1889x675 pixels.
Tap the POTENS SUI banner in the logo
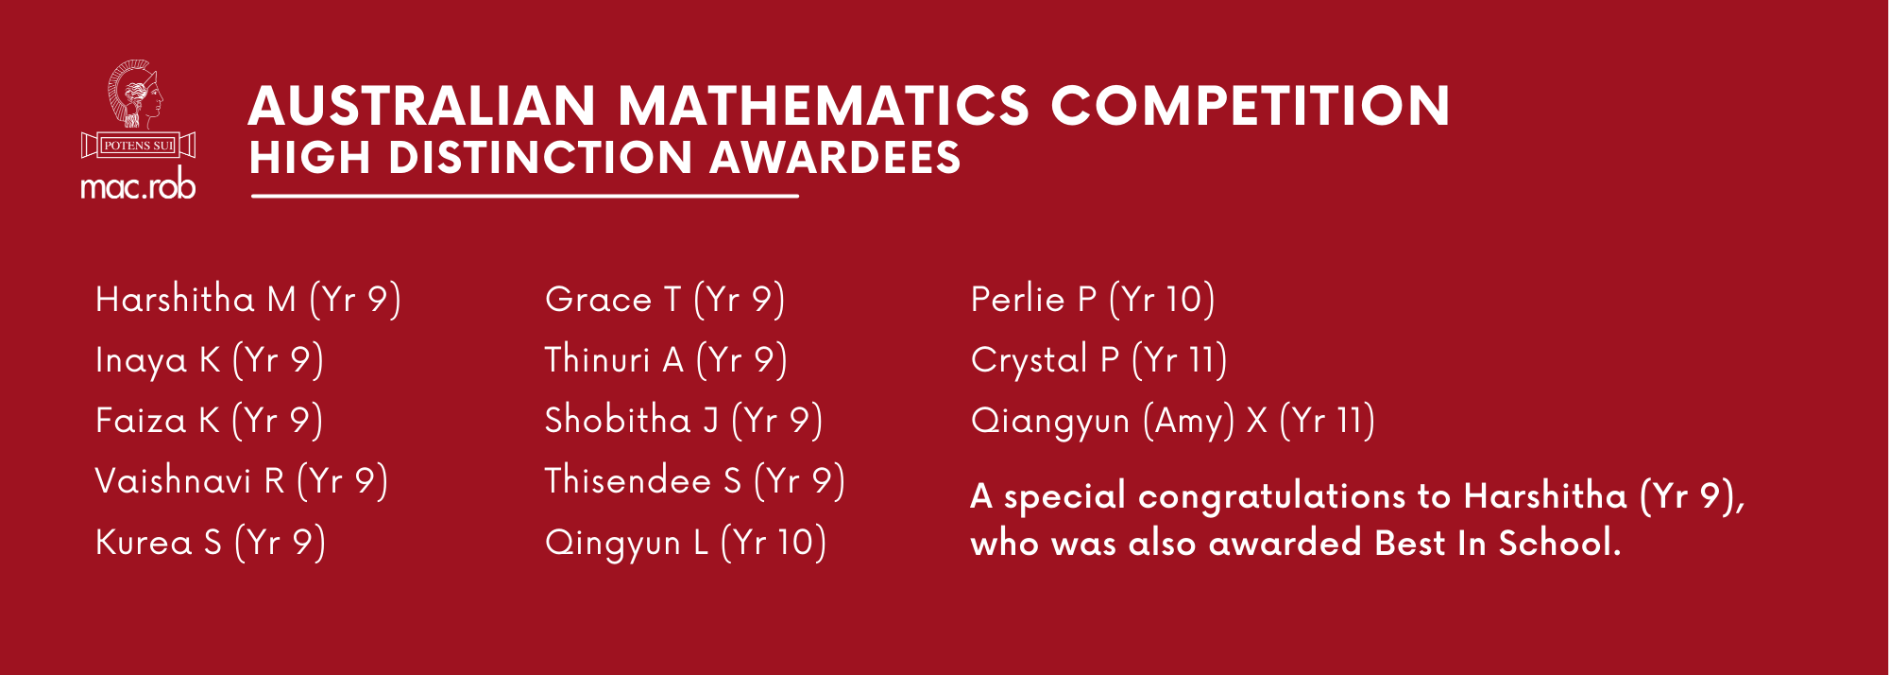[138, 146]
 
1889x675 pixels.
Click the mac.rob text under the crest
[138, 185]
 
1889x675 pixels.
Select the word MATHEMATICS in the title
[823, 106]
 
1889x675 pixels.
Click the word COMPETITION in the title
[1251, 106]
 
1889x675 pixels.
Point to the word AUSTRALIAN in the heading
[422, 106]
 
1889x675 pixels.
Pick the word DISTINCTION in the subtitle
[540, 158]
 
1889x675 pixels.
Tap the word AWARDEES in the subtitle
[835, 158]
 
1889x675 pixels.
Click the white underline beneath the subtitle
[524, 196]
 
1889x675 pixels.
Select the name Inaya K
[158, 360]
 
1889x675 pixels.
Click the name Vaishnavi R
[190, 481]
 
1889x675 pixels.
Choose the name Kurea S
[159, 543]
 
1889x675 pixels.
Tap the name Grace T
[612, 300]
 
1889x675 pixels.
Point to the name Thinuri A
[614, 360]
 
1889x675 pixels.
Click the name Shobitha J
[631, 421]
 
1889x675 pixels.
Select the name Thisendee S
[642, 481]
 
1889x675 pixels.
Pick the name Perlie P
[1033, 300]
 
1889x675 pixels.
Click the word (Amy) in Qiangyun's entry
[1188, 421]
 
